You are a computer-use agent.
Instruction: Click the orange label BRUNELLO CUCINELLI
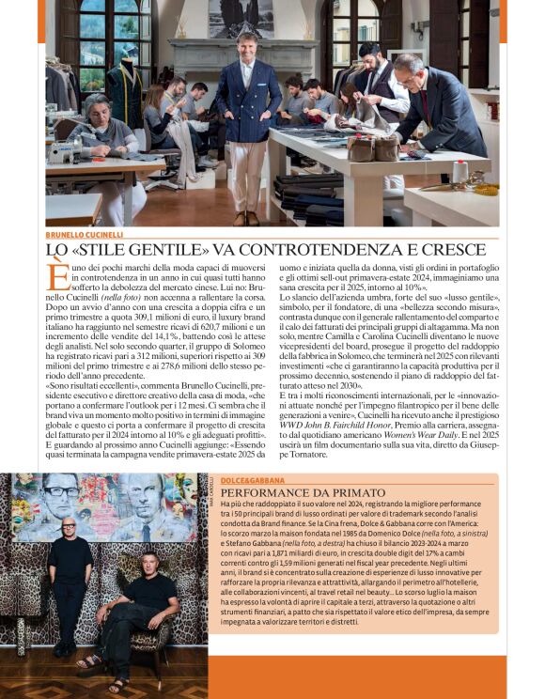point(86,234)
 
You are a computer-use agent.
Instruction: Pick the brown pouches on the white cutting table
point(373,148)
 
